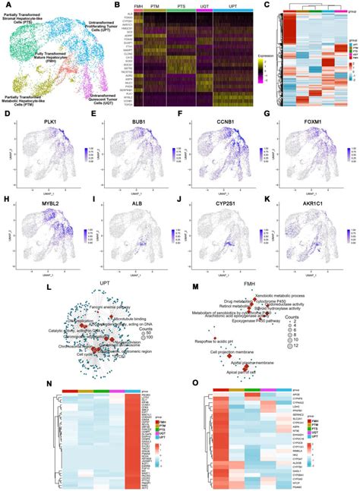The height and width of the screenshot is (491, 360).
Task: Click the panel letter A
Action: tap(5, 6)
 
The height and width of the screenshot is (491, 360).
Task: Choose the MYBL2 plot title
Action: tap(45, 214)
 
